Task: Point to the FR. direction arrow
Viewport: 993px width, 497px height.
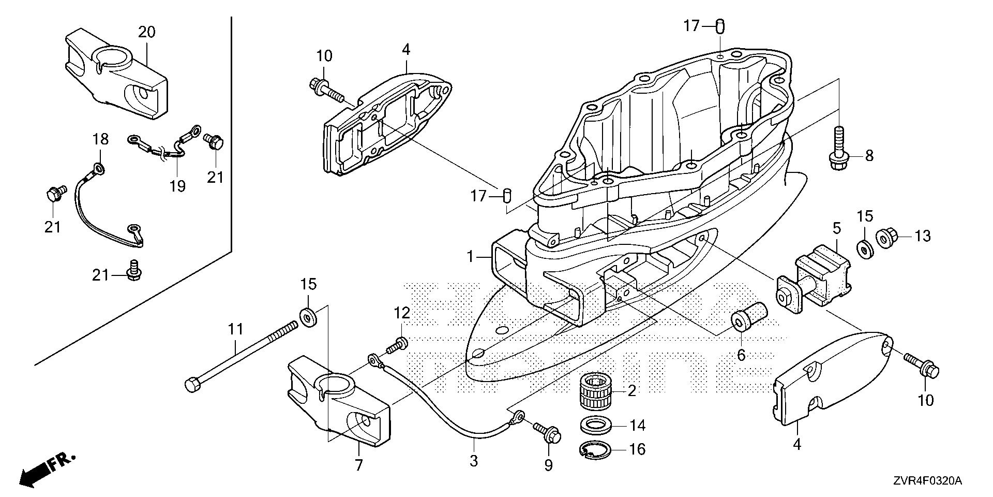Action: click(x=47, y=469)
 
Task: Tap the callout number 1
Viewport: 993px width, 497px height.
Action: click(x=470, y=256)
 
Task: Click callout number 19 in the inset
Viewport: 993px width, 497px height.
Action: click(x=177, y=185)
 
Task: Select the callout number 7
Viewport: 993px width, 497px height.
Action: click(x=358, y=464)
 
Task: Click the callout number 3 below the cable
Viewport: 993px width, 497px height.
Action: click(x=474, y=460)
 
